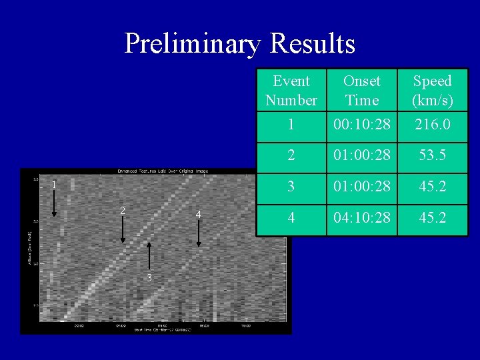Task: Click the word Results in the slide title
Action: click(313, 44)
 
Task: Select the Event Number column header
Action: click(291, 91)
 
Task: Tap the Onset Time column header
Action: click(361, 91)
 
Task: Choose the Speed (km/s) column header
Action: click(432, 91)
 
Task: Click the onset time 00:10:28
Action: click(361, 125)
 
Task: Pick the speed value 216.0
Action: click(432, 125)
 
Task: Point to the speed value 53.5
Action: click(432, 155)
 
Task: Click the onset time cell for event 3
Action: click(361, 186)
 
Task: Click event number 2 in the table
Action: click(291, 155)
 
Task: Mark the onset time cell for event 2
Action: click(361, 155)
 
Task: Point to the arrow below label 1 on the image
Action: click(55, 203)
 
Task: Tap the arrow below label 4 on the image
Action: click(199, 233)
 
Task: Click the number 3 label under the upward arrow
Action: click(149, 277)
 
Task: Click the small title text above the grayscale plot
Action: click(163, 171)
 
